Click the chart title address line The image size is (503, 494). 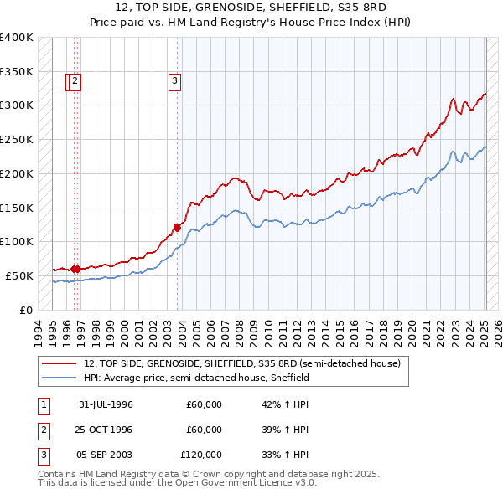click(251, 8)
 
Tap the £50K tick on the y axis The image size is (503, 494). click(19, 275)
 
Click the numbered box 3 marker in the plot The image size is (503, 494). click(174, 81)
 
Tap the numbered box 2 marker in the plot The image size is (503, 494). click(75, 81)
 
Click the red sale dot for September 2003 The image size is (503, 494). click(178, 227)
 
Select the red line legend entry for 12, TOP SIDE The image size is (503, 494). click(242, 363)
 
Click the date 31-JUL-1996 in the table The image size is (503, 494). click(106, 404)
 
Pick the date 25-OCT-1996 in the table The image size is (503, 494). click(106, 430)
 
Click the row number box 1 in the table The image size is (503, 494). click(43, 404)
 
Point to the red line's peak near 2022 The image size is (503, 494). click(453, 98)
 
